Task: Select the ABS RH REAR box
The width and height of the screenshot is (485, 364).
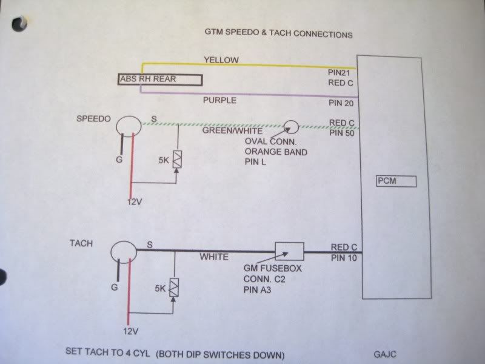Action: click(160, 79)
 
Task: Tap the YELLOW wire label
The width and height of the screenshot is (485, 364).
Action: click(221, 60)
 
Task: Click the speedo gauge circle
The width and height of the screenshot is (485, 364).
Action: click(128, 125)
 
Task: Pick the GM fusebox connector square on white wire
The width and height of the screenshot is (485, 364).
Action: click(289, 250)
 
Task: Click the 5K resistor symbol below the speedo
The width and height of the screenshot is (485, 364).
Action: click(176, 159)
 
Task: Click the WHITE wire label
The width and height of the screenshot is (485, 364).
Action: click(213, 257)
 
